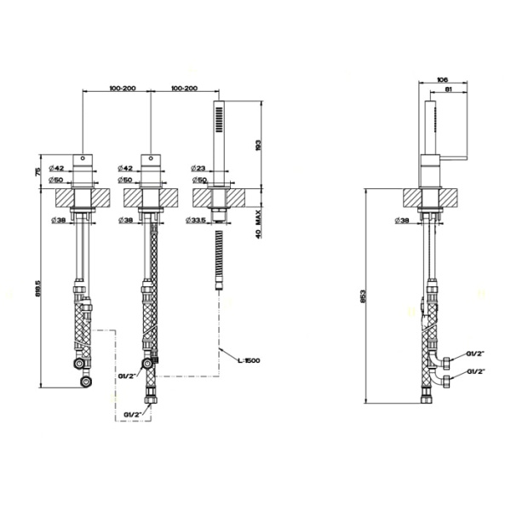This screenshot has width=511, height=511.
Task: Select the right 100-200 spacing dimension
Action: (x=185, y=89)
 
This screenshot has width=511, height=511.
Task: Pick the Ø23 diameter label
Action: (x=198, y=169)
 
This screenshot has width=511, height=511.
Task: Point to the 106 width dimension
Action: (x=441, y=80)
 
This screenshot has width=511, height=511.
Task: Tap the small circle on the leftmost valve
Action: (x=83, y=158)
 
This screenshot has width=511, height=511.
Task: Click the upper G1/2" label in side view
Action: (x=475, y=353)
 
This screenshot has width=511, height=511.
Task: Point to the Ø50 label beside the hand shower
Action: (x=198, y=180)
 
